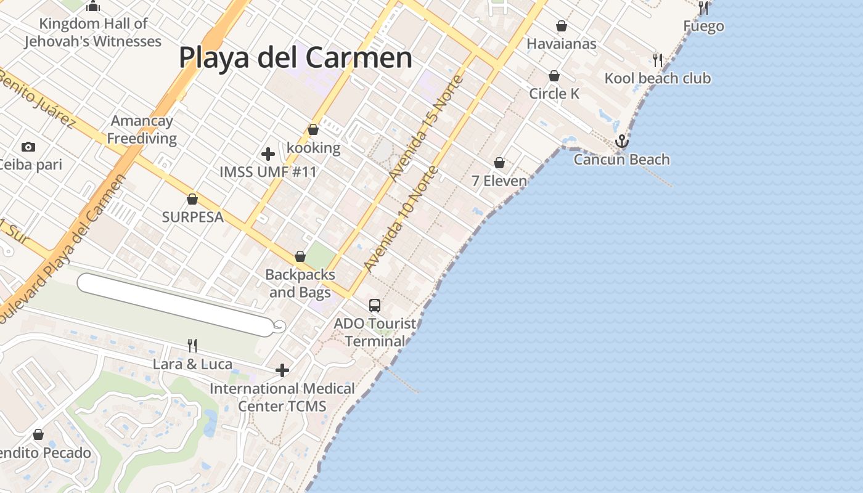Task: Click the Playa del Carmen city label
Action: point(295,57)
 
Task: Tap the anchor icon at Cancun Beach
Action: point(622,141)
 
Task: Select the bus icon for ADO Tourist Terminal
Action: point(375,305)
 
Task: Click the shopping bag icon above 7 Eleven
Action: point(499,163)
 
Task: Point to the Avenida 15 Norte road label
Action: point(426,128)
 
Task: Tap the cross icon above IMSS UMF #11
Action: point(268,153)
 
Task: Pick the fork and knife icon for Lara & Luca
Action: point(192,346)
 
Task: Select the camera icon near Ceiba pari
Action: point(28,147)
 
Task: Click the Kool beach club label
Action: point(657,78)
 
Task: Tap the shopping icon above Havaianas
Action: point(562,26)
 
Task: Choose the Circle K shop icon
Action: point(554,76)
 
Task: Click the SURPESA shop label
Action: point(192,217)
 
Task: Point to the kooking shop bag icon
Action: point(313,129)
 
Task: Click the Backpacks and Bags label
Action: point(300,283)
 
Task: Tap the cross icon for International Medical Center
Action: point(282,370)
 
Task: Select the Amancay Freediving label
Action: point(142,129)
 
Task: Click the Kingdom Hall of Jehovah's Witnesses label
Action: point(93,33)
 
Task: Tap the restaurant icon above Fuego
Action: point(703,8)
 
